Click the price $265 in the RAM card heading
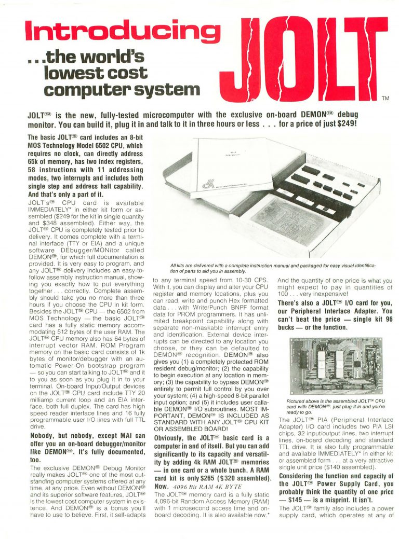(222, 480)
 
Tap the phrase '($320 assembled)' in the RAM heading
(250, 480)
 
